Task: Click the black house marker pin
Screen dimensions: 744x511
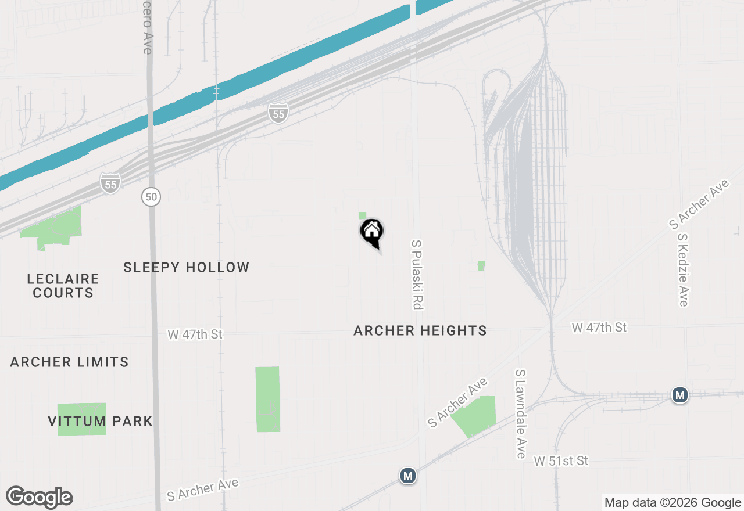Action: coord(372,232)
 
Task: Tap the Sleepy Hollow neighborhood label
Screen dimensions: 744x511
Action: coord(187,267)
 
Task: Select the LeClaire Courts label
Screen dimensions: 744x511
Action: coord(63,286)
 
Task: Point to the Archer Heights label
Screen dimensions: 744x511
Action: coord(420,330)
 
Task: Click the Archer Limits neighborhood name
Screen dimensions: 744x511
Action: coord(70,362)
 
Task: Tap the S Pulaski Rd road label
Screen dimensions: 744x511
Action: coord(416,274)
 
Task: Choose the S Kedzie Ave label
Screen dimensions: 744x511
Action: coord(683,270)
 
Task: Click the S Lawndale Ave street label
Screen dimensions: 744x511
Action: coord(521,413)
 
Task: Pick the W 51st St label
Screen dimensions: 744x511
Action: coord(561,461)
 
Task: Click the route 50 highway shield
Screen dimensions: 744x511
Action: coord(151,197)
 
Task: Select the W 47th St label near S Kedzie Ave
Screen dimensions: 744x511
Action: coord(599,328)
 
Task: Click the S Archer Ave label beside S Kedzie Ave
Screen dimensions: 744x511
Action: coord(699,204)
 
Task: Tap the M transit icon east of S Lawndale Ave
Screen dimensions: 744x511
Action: coord(679,395)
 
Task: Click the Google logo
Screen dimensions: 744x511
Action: coord(40,497)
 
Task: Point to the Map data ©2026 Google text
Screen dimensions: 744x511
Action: coord(673,503)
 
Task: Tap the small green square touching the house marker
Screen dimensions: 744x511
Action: coord(363,216)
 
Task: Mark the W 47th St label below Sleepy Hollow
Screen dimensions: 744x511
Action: coord(195,334)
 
